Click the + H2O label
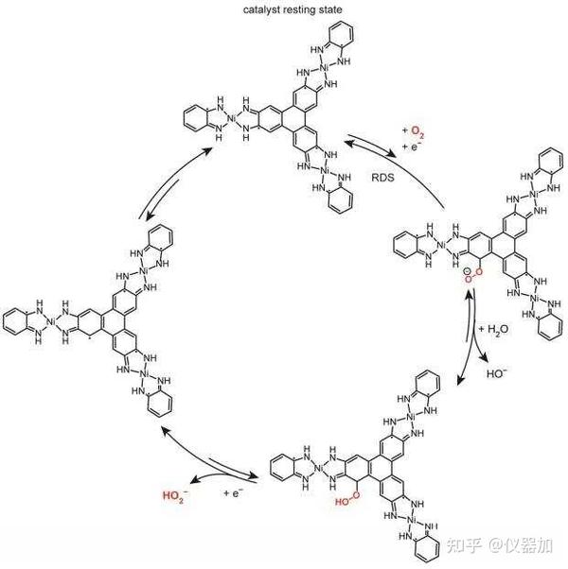(x=498, y=328)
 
